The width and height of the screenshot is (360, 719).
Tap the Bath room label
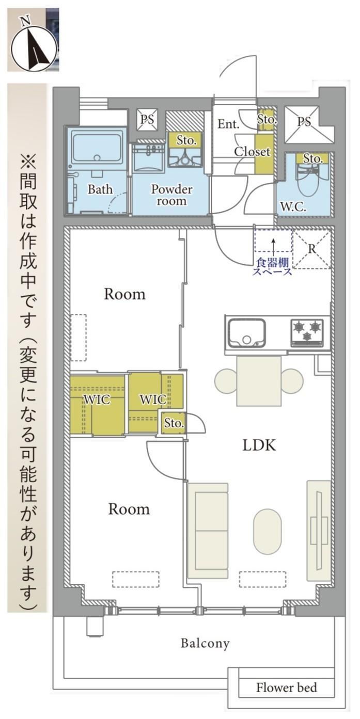(100, 189)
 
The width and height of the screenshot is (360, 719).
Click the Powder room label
(171, 195)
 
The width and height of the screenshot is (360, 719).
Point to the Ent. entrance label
(228, 124)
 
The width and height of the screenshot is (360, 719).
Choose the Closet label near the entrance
(252, 152)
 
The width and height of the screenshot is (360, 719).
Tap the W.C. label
(292, 206)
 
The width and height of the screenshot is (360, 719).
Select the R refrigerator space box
(311, 249)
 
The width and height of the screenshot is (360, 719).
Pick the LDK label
(259, 445)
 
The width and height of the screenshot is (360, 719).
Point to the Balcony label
(205, 643)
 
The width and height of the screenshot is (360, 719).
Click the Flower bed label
(286, 687)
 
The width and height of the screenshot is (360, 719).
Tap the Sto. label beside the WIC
(174, 423)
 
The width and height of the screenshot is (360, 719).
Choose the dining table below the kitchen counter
(259, 381)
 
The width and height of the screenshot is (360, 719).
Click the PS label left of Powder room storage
(147, 120)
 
